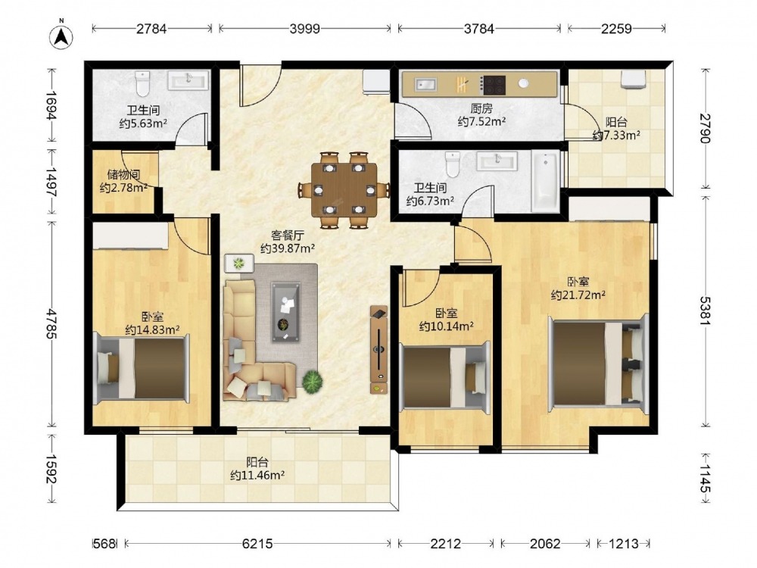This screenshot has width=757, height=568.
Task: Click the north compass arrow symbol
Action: (61, 36)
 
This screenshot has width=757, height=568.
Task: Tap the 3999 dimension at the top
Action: (304, 29)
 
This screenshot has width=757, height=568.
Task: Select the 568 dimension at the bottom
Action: (104, 544)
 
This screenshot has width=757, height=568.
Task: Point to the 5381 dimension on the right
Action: (706, 311)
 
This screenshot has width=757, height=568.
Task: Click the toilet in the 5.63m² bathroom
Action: (143, 83)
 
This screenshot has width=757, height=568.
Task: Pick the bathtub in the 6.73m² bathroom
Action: (546, 181)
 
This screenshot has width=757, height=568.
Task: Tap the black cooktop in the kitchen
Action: (494, 86)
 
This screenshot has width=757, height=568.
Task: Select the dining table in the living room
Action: (344, 190)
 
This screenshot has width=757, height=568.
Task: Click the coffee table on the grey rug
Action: (286, 312)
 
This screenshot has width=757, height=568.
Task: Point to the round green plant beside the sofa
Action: (313, 380)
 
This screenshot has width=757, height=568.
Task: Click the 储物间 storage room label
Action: (123, 174)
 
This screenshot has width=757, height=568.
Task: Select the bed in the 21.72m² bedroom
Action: (598, 364)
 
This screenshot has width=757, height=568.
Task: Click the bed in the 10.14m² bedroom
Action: (444, 378)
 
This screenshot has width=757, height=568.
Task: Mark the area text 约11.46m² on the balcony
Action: (257, 476)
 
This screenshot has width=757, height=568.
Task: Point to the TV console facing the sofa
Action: (378, 349)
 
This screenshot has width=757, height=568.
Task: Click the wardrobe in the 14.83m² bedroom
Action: (130, 236)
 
